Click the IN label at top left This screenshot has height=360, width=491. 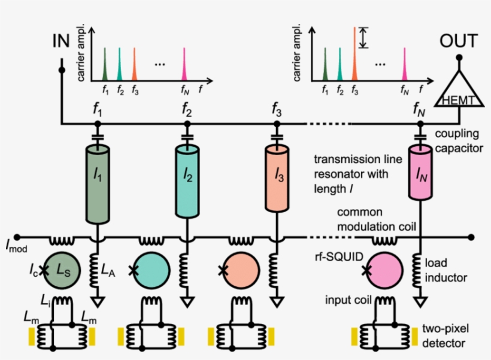pos(60,42)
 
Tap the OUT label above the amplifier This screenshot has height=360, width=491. pos(459,41)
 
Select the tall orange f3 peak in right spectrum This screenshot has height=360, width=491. pos(354,54)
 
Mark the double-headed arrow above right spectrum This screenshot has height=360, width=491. pos(364,37)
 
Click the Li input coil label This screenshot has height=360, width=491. pos(45,298)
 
